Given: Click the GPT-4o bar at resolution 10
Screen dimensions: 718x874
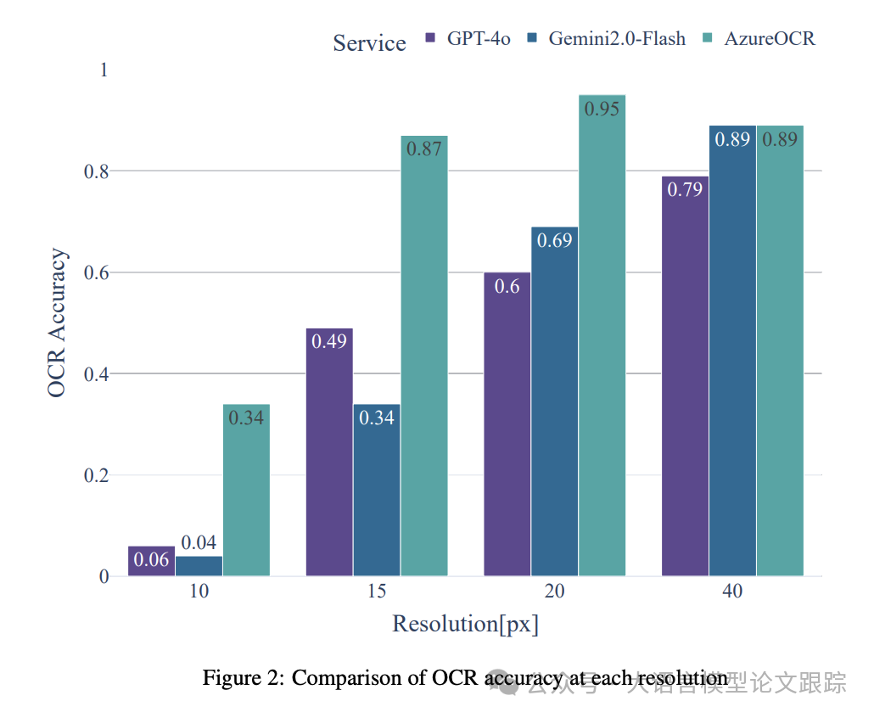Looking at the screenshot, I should point(151,561).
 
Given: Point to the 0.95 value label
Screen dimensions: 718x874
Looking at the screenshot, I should point(602,109).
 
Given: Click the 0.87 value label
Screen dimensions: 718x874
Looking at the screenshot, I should point(424,149).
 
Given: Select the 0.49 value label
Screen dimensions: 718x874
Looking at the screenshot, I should point(329,342).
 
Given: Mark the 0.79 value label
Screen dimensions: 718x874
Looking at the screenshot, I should point(684,190).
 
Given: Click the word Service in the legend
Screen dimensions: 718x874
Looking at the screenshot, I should point(369,42).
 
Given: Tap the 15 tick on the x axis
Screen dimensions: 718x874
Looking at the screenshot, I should point(377,592).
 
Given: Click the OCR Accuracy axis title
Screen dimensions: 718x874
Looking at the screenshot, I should point(57,323).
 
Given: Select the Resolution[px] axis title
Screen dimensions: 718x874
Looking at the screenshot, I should point(465,625).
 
